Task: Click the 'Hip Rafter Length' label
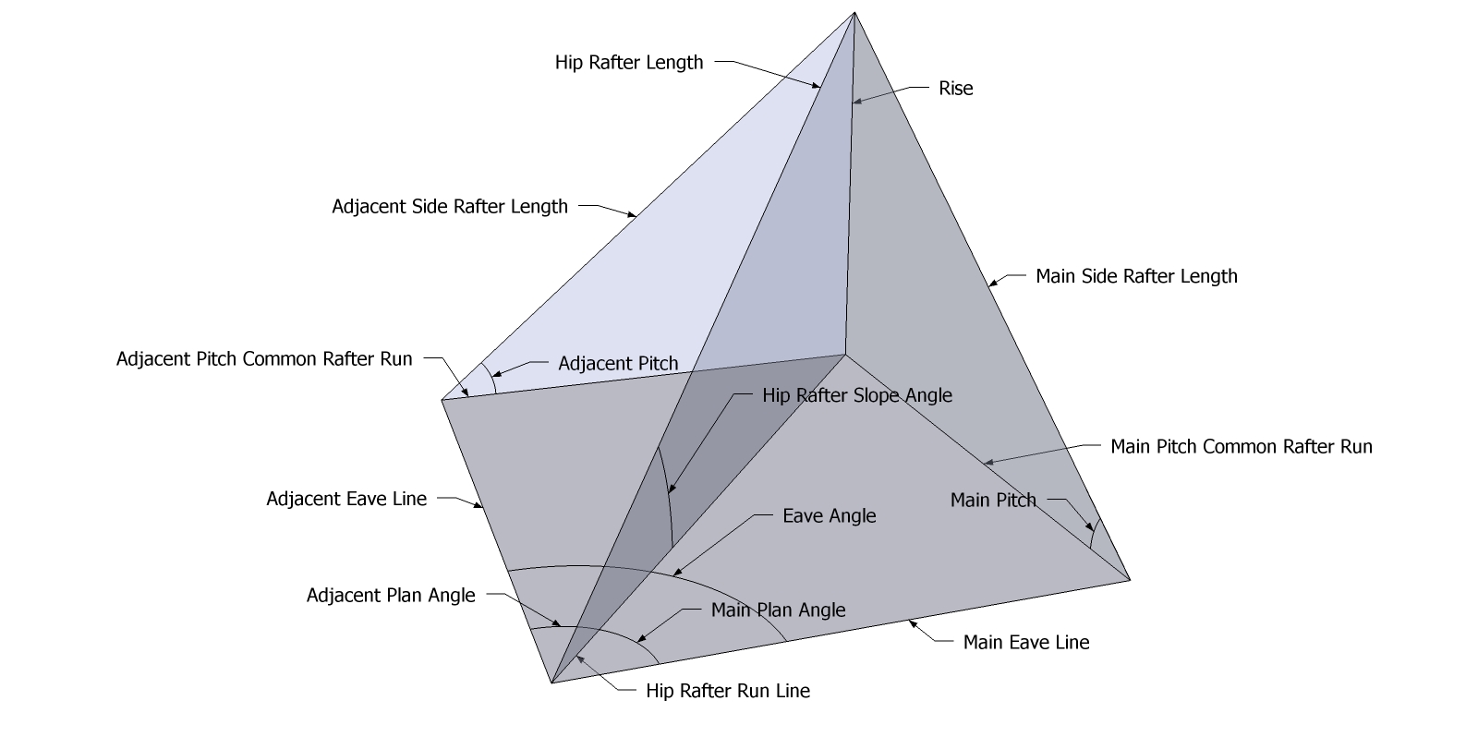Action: (x=629, y=63)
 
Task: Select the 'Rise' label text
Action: (x=956, y=89)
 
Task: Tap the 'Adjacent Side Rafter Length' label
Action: (x=450, y=207)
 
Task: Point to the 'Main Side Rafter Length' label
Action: (x=1136, y=276)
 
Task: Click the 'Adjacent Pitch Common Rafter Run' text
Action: (x=264, y=359)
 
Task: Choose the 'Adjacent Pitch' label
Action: (x=618, y=364)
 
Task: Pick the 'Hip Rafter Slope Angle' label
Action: (x=856, y=395)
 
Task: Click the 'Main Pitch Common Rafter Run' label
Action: (x=1241, y=447)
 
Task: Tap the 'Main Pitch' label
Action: (x=993, y=501)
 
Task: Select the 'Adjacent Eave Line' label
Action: (x=346, y=500)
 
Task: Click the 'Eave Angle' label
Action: (x=829, y=516)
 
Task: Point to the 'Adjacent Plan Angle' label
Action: (x=391, y=596)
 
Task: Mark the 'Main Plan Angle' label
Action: (x=778, y=610)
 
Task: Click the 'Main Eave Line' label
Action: (x=1025, y=643)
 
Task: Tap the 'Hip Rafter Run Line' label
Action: (x=727, y=692)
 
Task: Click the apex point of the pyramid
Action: (x=854, y=12)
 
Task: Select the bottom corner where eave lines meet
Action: (x=551, y=683)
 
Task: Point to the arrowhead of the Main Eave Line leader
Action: (x=912, y=623)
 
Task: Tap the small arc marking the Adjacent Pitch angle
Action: (x=489, y=378)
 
